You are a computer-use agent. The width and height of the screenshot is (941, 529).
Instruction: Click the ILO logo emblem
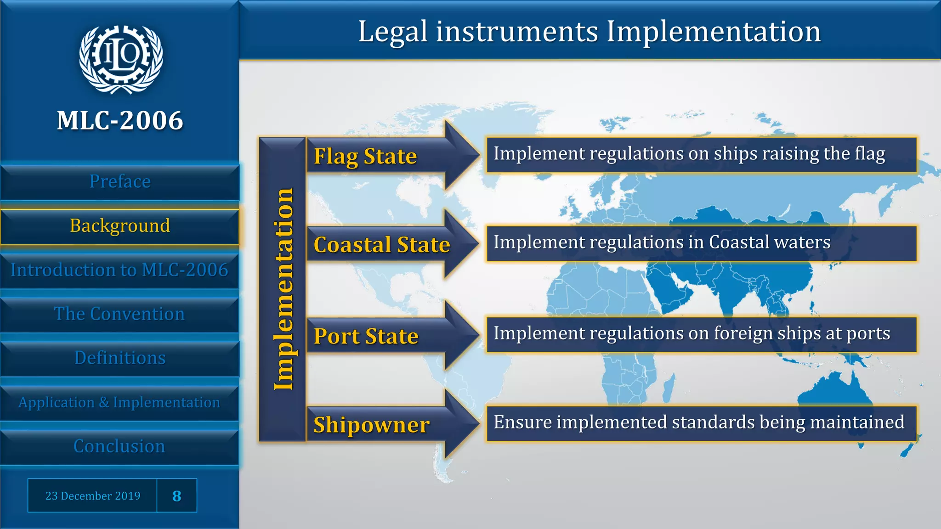click(120, 59)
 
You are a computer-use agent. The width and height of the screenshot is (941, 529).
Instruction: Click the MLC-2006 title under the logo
click(120, 121)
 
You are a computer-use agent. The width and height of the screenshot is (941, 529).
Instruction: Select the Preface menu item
click(120, 182)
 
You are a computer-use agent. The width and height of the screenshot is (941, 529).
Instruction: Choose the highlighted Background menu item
click(120, 226)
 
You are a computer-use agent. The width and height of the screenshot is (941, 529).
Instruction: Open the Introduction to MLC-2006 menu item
click(119, 270)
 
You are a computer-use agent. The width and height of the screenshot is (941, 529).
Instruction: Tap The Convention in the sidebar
click(119, 314)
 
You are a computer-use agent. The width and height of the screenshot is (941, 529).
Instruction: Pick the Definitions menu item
click(120, 358)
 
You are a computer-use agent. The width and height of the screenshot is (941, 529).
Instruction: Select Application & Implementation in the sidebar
click(119, 403)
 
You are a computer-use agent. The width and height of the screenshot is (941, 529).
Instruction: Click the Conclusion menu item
click(119, 446)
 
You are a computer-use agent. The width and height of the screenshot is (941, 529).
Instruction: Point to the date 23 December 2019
click(93, 496)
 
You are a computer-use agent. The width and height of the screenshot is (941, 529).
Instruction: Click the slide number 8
click(177, 496)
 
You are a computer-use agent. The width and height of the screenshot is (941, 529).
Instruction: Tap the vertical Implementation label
click(283, 289)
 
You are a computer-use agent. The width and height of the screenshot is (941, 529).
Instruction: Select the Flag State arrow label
click(365, 156)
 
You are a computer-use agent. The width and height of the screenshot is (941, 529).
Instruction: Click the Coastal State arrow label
click(381, 245)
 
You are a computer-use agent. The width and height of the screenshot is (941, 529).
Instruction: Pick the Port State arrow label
click(366, 336)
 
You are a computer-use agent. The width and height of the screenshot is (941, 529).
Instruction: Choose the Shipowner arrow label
click(371, 425)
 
